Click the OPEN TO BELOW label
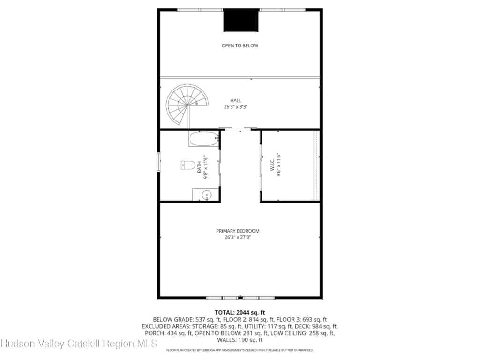point(240,45)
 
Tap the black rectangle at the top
point(241,20)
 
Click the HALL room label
point(236,100)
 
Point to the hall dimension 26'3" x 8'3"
point(236,107)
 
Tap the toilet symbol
point(188,165)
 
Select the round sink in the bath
point(207,195)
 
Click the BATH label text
point(199,167)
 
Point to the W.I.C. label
point(272,165)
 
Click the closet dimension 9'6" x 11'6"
point(278,165)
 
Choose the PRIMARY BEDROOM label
point(238,231)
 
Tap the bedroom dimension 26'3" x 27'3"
point(238,237)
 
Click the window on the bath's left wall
point(159,162)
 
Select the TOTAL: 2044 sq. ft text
point(240,313)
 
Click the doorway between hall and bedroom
point(240,130)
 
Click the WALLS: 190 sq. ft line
point(240,340)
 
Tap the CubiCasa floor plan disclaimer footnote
point(240,350)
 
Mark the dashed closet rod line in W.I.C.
point(316,165)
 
